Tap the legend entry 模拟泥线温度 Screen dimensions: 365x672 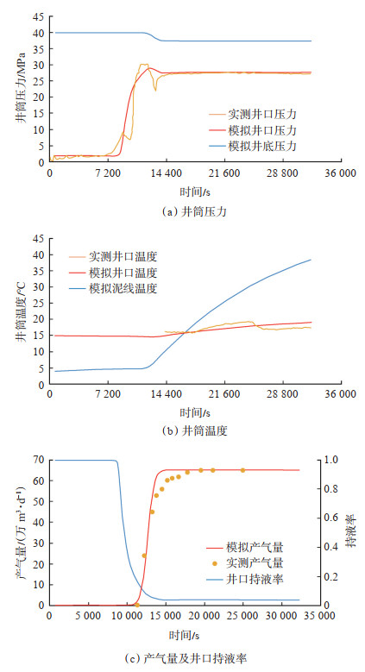113,288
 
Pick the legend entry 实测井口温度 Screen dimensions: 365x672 113,257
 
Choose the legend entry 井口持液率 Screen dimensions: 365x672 245,580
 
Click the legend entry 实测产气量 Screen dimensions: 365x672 245,562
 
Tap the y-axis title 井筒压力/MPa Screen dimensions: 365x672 21,89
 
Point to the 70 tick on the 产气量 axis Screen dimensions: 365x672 39,460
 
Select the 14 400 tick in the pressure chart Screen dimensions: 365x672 166,173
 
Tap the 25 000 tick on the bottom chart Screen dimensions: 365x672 242,616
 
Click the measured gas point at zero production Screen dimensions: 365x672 137,605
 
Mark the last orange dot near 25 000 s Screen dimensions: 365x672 242,470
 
